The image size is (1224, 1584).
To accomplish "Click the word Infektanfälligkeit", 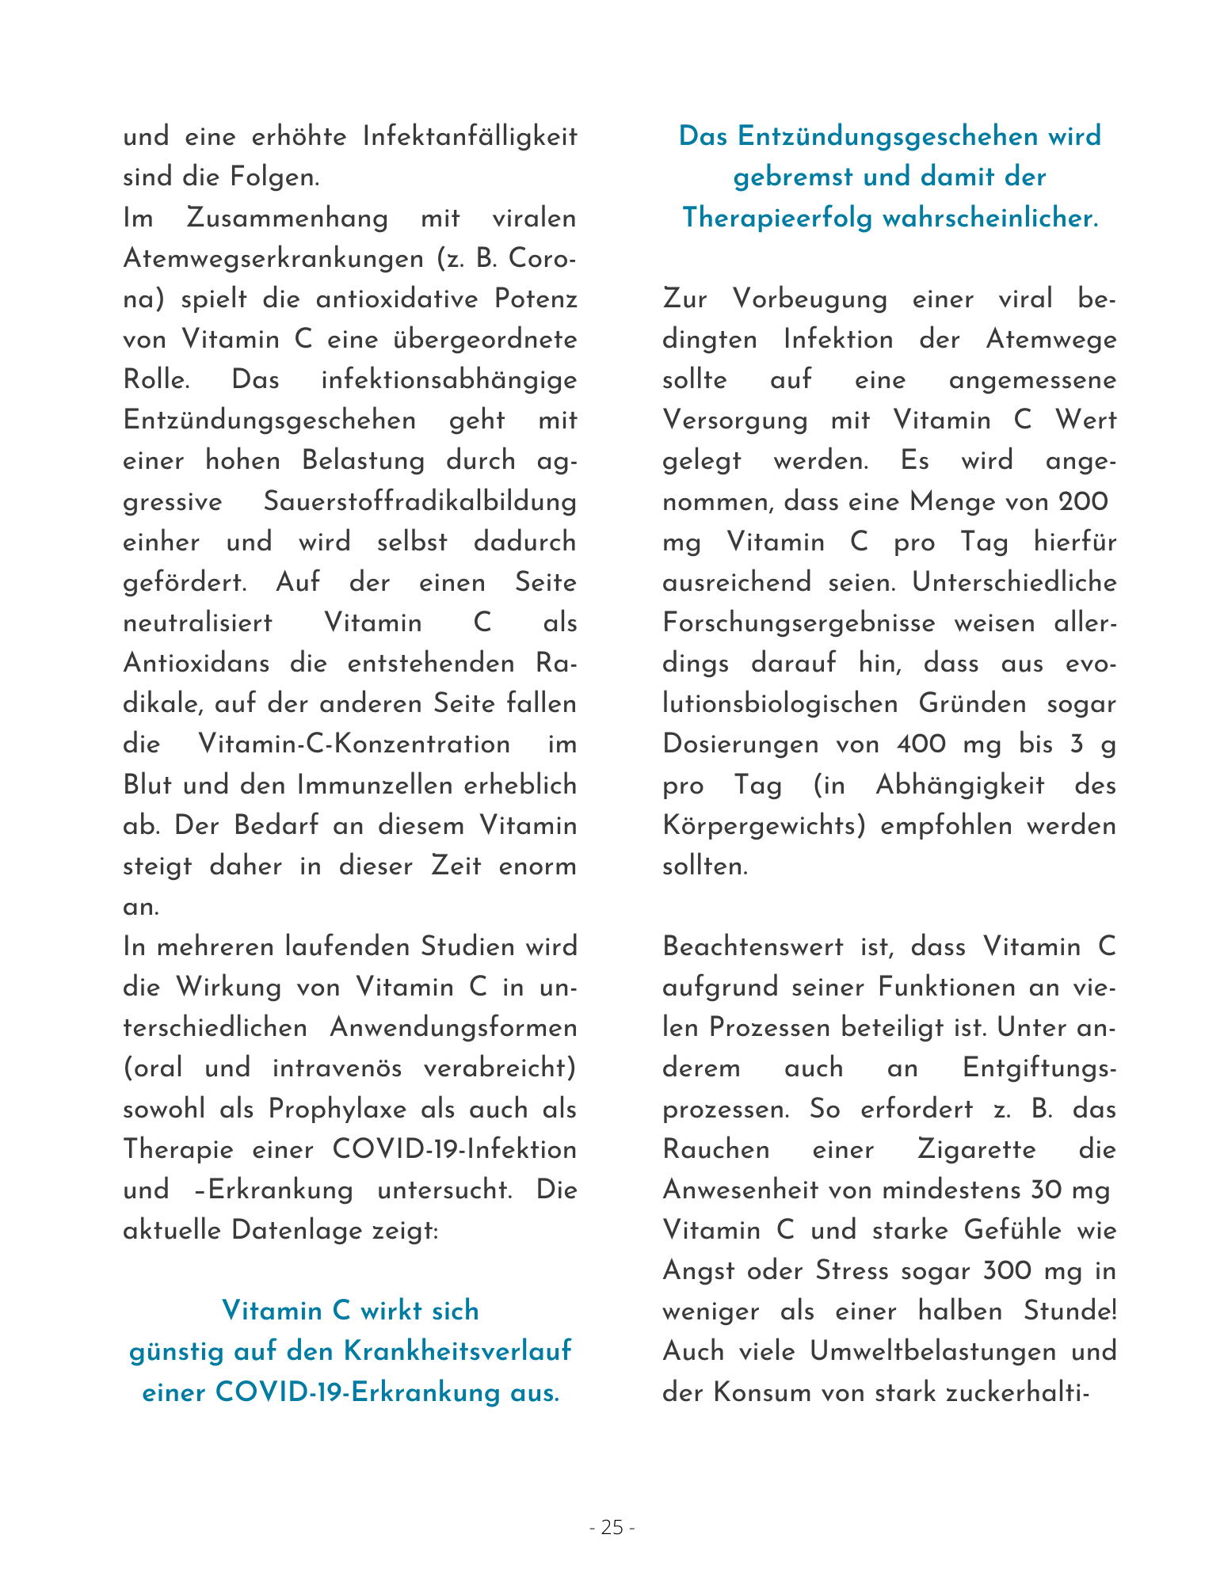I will click(469, 137).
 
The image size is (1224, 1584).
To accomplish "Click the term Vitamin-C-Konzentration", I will click(353, 744).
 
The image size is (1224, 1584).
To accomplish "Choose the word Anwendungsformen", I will click(453, 1028).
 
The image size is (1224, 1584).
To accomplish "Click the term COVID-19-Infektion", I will click(454, 1149).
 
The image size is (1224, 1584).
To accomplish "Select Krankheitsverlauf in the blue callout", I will click(457, 1351).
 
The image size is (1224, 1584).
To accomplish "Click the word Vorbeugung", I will click(809, 299).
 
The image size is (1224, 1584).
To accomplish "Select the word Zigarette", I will click(976, 1149).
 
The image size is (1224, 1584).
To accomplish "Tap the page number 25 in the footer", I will click(612, 1528).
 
